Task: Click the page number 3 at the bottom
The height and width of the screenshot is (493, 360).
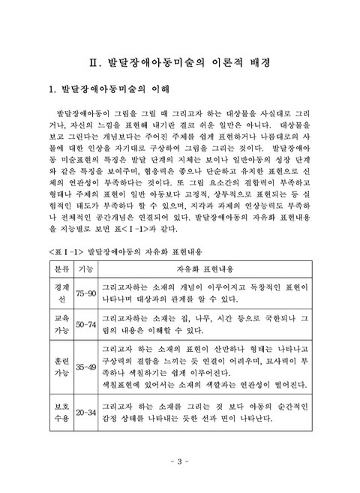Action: coord(180,460)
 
